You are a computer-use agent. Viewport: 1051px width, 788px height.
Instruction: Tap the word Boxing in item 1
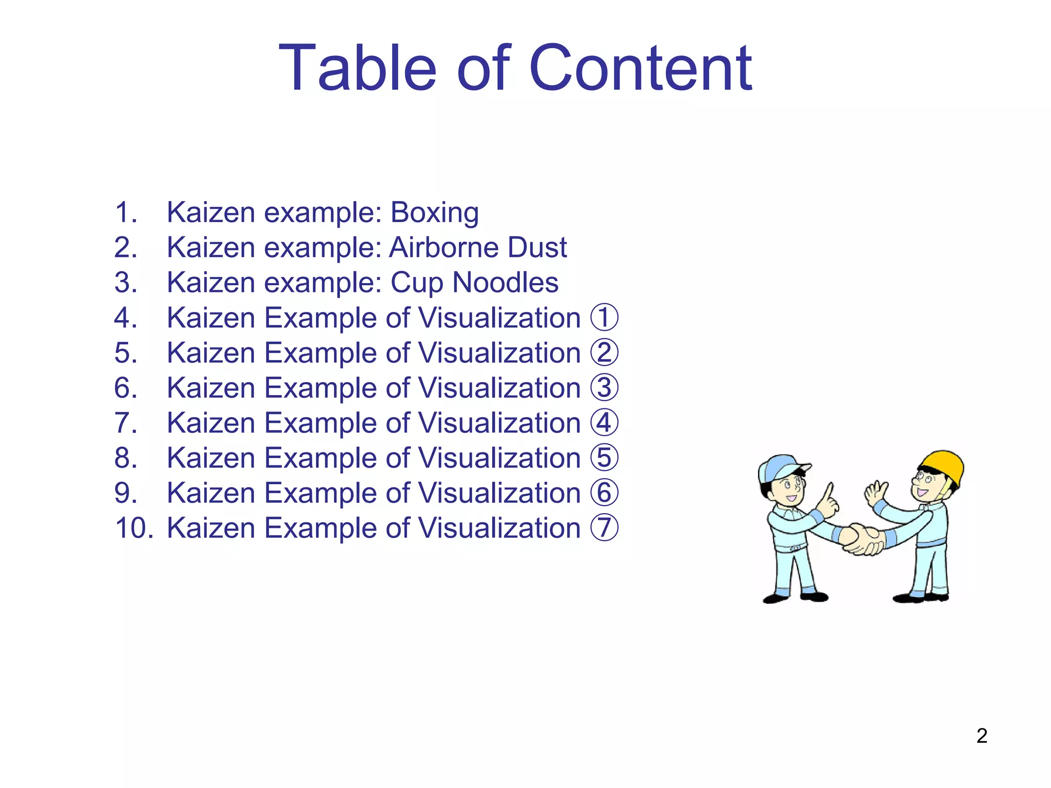435,212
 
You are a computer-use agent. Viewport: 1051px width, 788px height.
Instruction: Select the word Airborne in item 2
443,247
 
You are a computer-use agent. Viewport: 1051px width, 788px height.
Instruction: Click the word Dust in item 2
537,247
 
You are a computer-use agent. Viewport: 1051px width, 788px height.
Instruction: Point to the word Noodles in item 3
505,283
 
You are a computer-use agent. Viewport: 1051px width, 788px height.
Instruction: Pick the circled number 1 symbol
604,318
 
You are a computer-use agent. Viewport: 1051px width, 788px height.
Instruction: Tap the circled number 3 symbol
604,388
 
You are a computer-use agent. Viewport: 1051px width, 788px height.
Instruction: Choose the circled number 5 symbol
604,458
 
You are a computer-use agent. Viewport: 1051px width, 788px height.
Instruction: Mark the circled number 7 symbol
604,528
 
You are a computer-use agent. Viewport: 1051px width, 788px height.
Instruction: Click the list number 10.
134,528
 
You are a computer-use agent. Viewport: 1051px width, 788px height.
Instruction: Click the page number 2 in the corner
982,736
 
